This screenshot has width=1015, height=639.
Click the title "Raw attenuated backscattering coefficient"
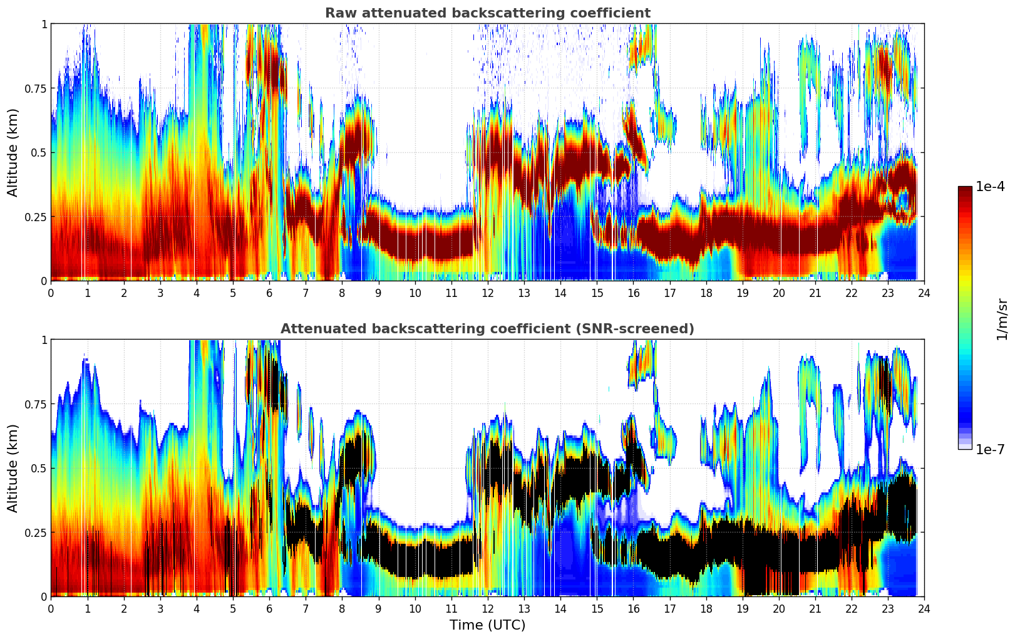point(487,13)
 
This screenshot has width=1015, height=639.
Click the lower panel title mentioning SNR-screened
point(487,329)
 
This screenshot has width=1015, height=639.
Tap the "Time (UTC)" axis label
point(487,625)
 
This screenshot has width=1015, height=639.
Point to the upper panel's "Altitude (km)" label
point(13,152)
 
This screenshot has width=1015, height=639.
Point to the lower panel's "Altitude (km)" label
point(13,468)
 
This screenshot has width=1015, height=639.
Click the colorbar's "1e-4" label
point(990,187)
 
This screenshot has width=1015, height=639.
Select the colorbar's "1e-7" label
point(990,449)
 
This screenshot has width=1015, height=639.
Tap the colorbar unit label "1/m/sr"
point(1002,319)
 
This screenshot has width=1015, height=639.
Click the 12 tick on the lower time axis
point(487,608)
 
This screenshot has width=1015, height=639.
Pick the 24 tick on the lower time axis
point(924,608)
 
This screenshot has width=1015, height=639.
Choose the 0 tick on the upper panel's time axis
point(51,293)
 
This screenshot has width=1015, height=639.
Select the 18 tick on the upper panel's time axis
point(706,293)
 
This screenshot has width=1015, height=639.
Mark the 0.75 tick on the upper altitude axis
point(36,88)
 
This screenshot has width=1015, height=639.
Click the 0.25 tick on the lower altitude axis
point(36,532)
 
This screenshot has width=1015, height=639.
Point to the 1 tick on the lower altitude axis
point(44,340)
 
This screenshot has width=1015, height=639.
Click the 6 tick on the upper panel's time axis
point(269,293)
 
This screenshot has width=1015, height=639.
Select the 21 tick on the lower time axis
point(815,608)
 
